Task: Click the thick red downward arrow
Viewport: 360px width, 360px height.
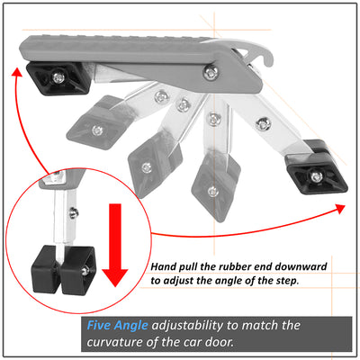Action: [115, 245]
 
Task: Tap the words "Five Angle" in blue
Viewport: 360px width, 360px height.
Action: [117, 326]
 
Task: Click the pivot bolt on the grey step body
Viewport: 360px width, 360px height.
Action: [210, 72]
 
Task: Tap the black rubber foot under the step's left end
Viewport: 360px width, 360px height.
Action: [58, 78]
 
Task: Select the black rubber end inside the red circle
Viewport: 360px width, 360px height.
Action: [64, 269]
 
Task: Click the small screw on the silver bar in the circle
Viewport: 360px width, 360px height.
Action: [73, 213]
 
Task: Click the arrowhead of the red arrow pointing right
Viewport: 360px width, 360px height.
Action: [339, 208]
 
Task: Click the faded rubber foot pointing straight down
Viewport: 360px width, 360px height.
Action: [215, 186]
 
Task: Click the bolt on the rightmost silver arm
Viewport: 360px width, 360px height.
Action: [264, 123]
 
